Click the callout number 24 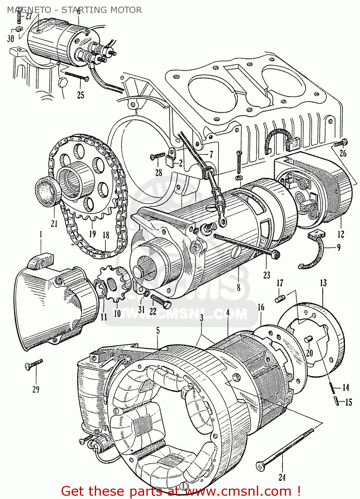[x=282, y=477]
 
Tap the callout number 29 [x=36, y=389]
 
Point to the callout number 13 [x=323, y=283]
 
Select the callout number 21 [x=54, y=224]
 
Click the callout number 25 [x=81, y=95]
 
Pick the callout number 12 [x=341, y=234]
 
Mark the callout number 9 [x=339, y=248]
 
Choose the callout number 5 [x=158, y=330]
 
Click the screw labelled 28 [x=157, y=155]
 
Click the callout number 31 [x=142, y=309]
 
